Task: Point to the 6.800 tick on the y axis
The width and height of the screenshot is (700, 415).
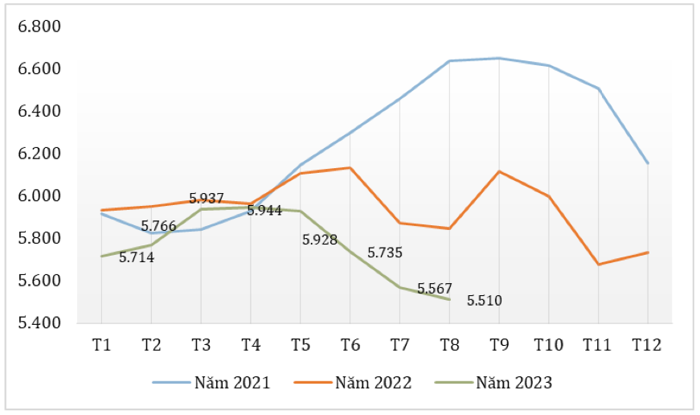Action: coord(39,27)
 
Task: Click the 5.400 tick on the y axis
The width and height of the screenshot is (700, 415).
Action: coord(39,323)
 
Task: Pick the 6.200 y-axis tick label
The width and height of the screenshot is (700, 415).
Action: coord(39,154)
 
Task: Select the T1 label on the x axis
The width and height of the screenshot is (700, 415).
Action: coord(101,345)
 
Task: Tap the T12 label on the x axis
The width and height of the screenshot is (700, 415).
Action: coord(647,345)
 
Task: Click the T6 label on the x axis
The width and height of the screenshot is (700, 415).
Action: coord(350,345)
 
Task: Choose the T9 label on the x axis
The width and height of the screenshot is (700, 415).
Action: coord(498,345)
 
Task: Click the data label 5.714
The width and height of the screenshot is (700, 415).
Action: coord(137,258)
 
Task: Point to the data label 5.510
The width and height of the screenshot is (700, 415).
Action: coord(485,301)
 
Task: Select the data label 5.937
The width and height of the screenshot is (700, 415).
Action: coord(207,198)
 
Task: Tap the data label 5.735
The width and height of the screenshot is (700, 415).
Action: coord(385,253)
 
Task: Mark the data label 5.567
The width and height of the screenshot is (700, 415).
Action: coord(435,289)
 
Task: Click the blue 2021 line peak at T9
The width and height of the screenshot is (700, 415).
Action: coord(498,58)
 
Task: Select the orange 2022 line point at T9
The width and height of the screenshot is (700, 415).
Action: coord(498,171)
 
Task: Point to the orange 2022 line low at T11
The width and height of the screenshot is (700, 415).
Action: coord(598,264)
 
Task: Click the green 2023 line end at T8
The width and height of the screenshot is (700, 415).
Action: coord(449,299)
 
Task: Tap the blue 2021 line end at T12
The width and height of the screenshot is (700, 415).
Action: coord(647,163)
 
